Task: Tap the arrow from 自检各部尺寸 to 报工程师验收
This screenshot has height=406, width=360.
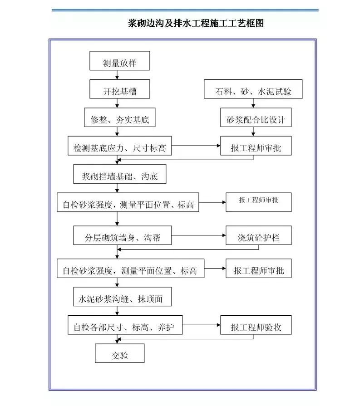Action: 202,325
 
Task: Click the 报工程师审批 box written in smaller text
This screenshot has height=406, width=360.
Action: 258,202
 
